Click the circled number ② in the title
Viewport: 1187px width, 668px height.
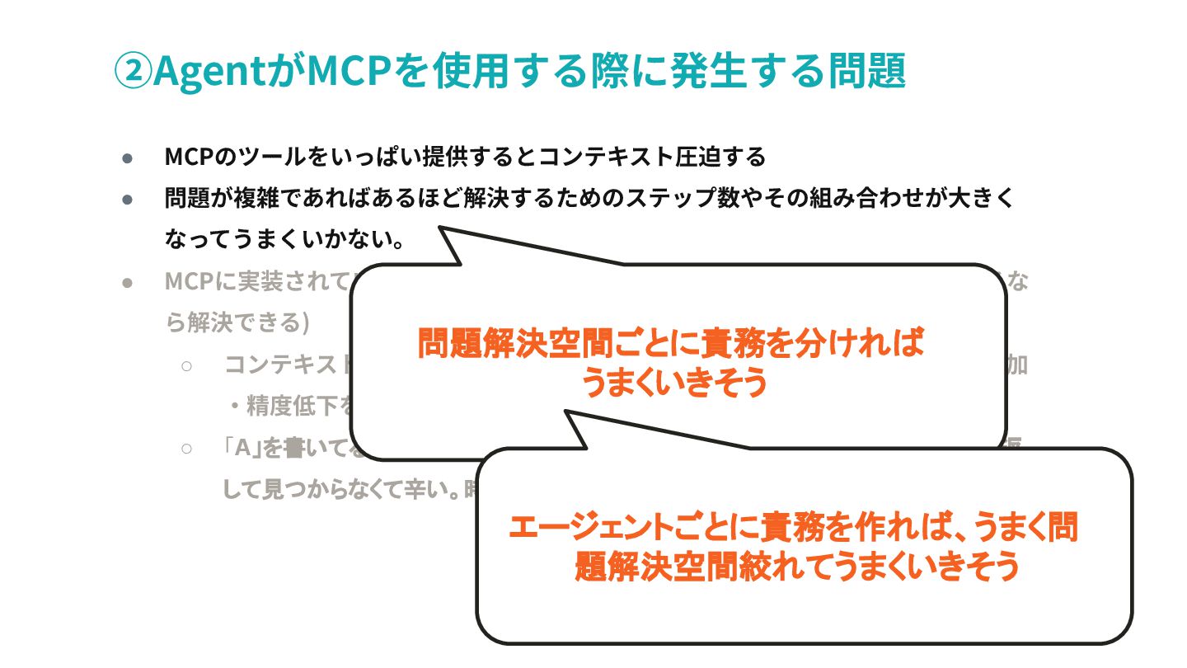132,71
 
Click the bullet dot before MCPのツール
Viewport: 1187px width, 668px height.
128,157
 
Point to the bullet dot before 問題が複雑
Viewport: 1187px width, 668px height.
128,199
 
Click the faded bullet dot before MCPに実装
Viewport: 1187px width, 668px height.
128,282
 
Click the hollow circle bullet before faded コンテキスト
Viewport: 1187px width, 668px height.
187,365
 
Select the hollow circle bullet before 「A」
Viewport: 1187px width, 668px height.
187,448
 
